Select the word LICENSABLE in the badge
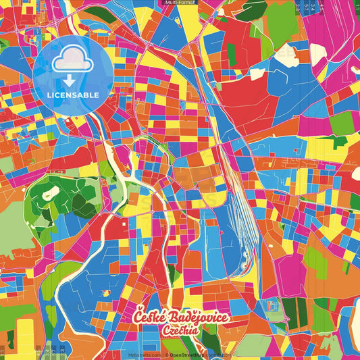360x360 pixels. (73, 95)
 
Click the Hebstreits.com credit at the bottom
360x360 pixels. (145, 354)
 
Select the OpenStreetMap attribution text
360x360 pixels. (192, 354)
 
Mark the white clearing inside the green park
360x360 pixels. (51, 194)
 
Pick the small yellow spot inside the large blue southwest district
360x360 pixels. (107, 292)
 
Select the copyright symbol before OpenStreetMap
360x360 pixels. (167, 354)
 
